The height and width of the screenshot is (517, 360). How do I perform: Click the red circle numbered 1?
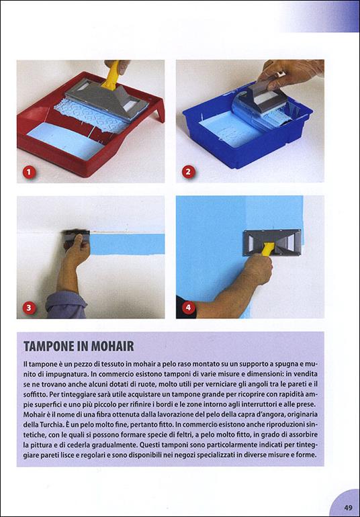coord(28,172)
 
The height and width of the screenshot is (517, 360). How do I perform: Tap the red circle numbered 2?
coord(188,172)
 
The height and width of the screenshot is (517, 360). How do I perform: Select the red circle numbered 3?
coord(28,308)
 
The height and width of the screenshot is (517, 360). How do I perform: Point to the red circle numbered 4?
coord(188,308)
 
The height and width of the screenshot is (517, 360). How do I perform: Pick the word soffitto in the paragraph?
coord(40,394)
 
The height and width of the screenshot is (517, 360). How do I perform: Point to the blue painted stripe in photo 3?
coord(128,243)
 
